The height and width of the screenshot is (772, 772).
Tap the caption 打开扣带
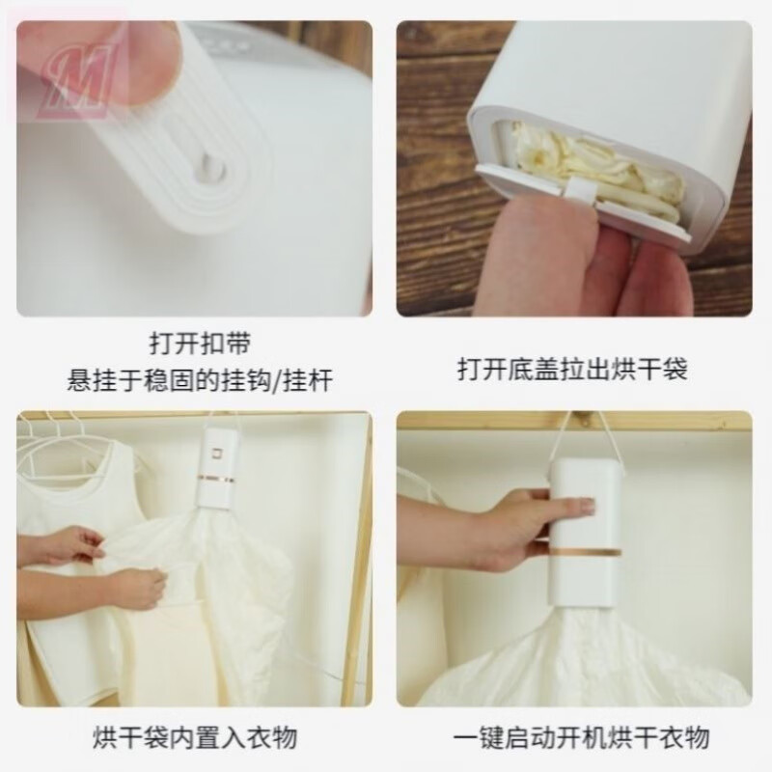click(x=193, y=345)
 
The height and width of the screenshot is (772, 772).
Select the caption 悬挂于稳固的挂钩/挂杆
click(x=193, y=379)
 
